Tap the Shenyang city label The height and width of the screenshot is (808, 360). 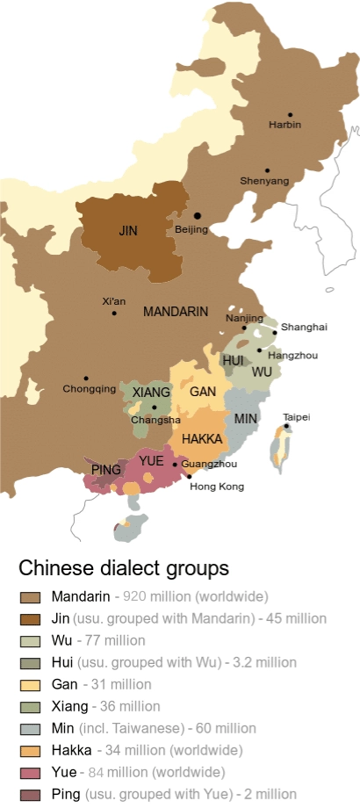[x=264, y=181]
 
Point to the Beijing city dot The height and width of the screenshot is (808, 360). [x=198, y=215]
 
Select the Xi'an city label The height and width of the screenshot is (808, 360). [x=113, y=301]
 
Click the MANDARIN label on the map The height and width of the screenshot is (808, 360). [x=176, y=312]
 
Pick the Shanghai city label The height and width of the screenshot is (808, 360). [x=304, y=327]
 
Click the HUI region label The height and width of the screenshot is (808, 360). [x=234, y=361]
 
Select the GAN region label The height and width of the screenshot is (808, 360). [x=203, y=392]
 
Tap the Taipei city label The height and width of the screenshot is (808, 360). [x=296, y=417]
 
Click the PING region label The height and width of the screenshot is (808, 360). [x=105, y=470]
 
